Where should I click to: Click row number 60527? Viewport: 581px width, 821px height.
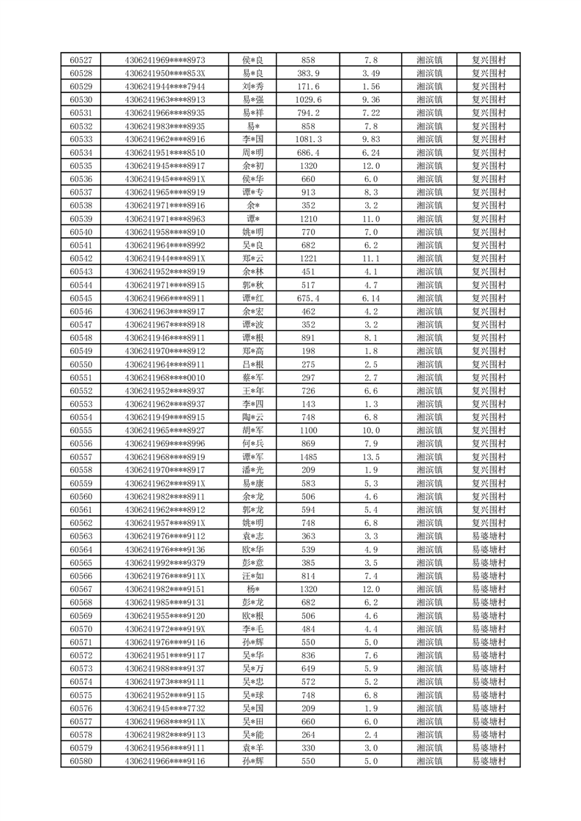(x=80, y=60)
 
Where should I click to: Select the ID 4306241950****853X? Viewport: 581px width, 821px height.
(x=165, y=73)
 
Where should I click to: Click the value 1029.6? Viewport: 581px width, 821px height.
(x=308, y=100)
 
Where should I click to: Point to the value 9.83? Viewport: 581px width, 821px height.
(x=371, y=139)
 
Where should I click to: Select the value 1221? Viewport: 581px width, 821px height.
(x=308, y=258)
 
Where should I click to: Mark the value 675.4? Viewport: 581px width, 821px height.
(x=308, y=298)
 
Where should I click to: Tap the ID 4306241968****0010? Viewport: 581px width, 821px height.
(x=165, y=378)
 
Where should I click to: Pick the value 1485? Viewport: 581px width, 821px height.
(x=308, y=457)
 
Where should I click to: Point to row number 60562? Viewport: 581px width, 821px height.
(x=80, y=523)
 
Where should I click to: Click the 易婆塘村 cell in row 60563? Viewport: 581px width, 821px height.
(x=489, y=536)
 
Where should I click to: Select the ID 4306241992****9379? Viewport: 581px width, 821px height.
(x=165, y=563)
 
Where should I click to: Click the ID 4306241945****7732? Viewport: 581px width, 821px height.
(x=165, y=708)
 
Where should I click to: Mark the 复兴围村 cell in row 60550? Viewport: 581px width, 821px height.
(x=489, y=364)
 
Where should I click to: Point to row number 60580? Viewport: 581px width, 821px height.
(x=80, y=762)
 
